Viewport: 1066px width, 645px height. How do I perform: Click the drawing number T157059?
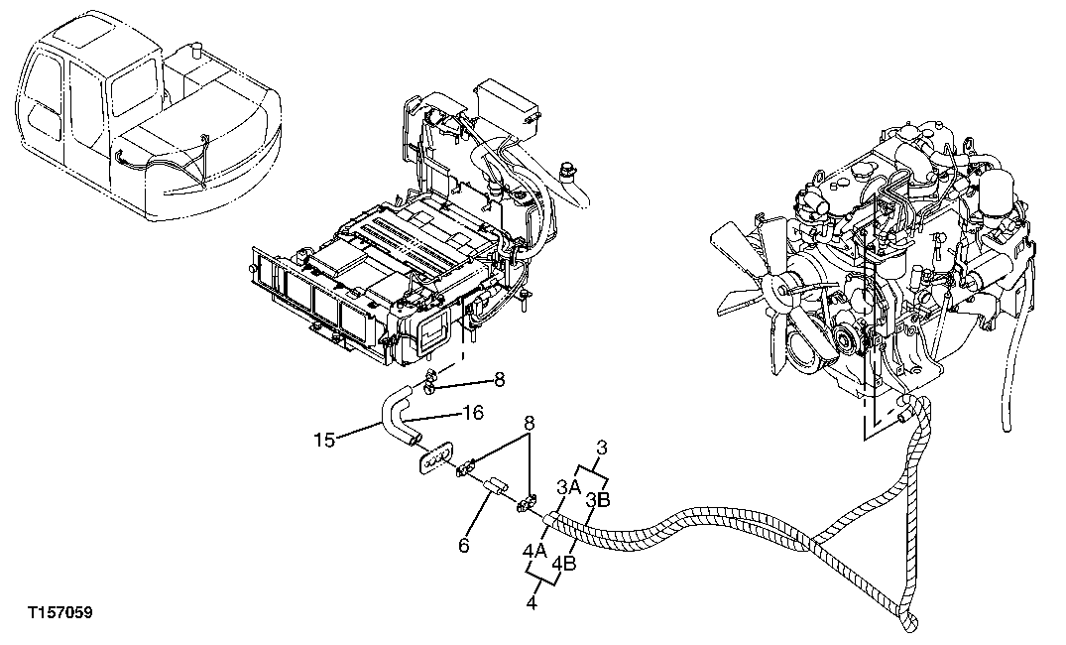(59, 614)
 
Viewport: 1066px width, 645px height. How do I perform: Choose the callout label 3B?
(597, 499)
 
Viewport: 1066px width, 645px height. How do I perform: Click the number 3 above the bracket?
(601, 447)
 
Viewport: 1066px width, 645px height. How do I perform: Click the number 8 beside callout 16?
(500, 379)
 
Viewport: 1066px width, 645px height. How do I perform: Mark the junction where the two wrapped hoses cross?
(811, 544)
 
